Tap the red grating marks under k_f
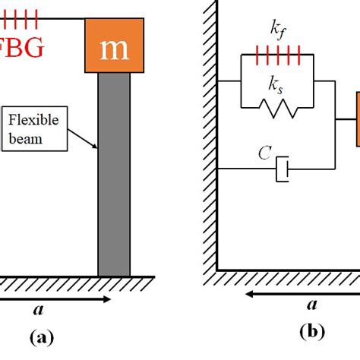pos(274,55)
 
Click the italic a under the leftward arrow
pos(311,306)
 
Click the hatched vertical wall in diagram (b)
pos(210,137)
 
